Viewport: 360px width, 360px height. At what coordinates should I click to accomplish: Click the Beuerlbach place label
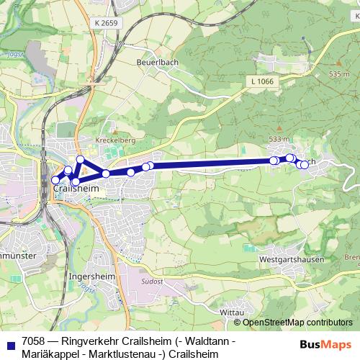(157, 63)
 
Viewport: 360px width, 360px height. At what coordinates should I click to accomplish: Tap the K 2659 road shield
(104, 24)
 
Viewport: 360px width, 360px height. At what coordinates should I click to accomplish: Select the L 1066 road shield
(264, 81)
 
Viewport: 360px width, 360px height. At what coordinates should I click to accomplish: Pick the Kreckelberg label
(111, 140)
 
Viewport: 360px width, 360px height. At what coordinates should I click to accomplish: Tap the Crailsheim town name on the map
(76, 189)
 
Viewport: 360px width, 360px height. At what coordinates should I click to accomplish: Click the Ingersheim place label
(89, 276)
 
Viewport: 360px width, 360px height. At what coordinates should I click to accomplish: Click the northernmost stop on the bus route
(81, 159)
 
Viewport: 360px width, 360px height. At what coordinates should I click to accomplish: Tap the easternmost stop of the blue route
(305, 165)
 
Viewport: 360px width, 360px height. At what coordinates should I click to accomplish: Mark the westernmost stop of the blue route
(55, 180)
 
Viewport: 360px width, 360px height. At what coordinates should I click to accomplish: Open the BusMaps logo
(326, 344)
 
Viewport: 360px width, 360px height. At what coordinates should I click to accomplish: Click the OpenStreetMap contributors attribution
(297, 323)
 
